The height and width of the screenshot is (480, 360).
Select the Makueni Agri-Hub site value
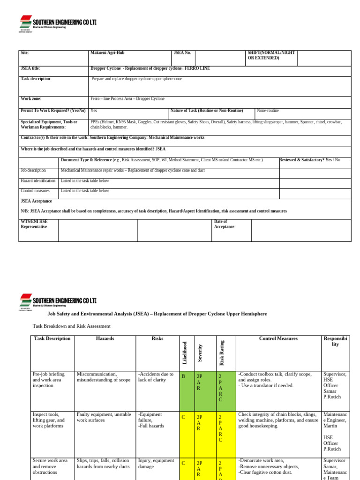(107, 53)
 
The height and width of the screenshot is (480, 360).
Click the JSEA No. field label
(182, 53)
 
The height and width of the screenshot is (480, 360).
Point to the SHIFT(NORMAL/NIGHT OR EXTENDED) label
(271, 55)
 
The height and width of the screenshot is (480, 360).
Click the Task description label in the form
(36, 79)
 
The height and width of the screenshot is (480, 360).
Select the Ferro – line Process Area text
(127, 99)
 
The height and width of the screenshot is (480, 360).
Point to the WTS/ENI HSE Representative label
(34, 224)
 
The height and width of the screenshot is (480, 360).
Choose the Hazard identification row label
(38, 180)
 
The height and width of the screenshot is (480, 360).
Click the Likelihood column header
(185, 352)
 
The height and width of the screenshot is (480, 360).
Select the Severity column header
(200, 352)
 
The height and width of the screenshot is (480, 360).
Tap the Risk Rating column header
(222, 352)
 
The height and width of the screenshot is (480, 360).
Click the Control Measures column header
(278, 338)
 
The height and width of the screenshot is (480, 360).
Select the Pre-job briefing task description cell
(49, 380)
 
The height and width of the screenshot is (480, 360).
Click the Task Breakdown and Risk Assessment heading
(71, 326)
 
